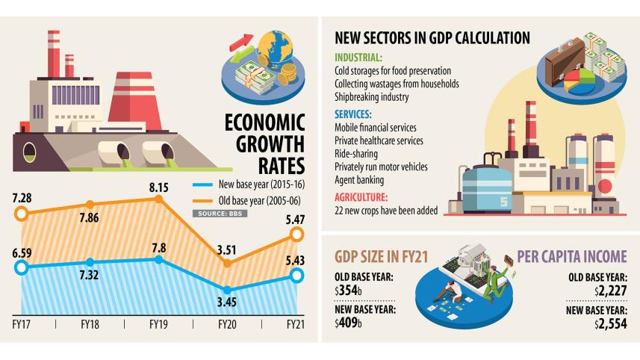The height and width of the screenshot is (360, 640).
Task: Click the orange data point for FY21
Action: coord(296,235)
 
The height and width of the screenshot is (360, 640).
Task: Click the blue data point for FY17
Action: coord(22,267)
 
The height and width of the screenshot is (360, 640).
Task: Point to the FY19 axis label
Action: coord(158,326)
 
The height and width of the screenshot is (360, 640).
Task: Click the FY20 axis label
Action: coord(226,326)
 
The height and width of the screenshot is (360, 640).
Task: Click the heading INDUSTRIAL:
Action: coord(359,57)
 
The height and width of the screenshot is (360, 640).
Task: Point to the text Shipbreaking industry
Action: coord(372,97)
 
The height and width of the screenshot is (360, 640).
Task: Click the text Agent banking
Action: coord(359,180)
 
